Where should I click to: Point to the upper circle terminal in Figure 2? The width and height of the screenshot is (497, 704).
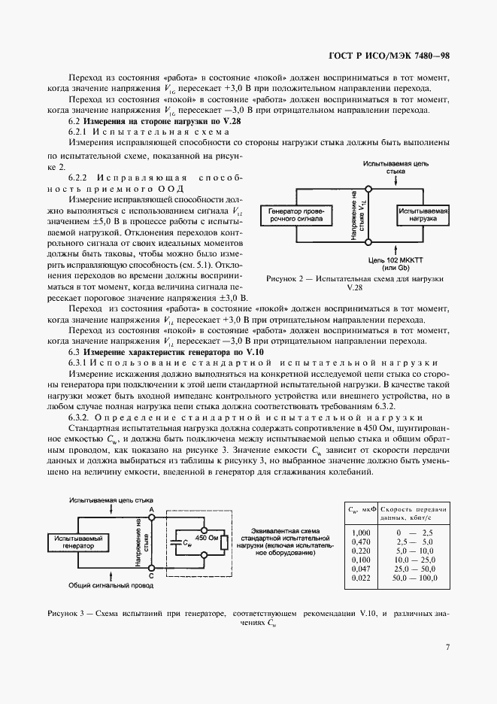pyautogui.click(x=368, y=189)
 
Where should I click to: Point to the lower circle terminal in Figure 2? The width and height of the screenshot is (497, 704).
pyautogui.click(x=368, y=241)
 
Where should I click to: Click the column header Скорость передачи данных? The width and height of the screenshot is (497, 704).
pyautogui.click(x=414, y=514)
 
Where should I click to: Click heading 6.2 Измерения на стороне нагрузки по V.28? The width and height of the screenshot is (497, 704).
pyautogui.click(x=154, y=121)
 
